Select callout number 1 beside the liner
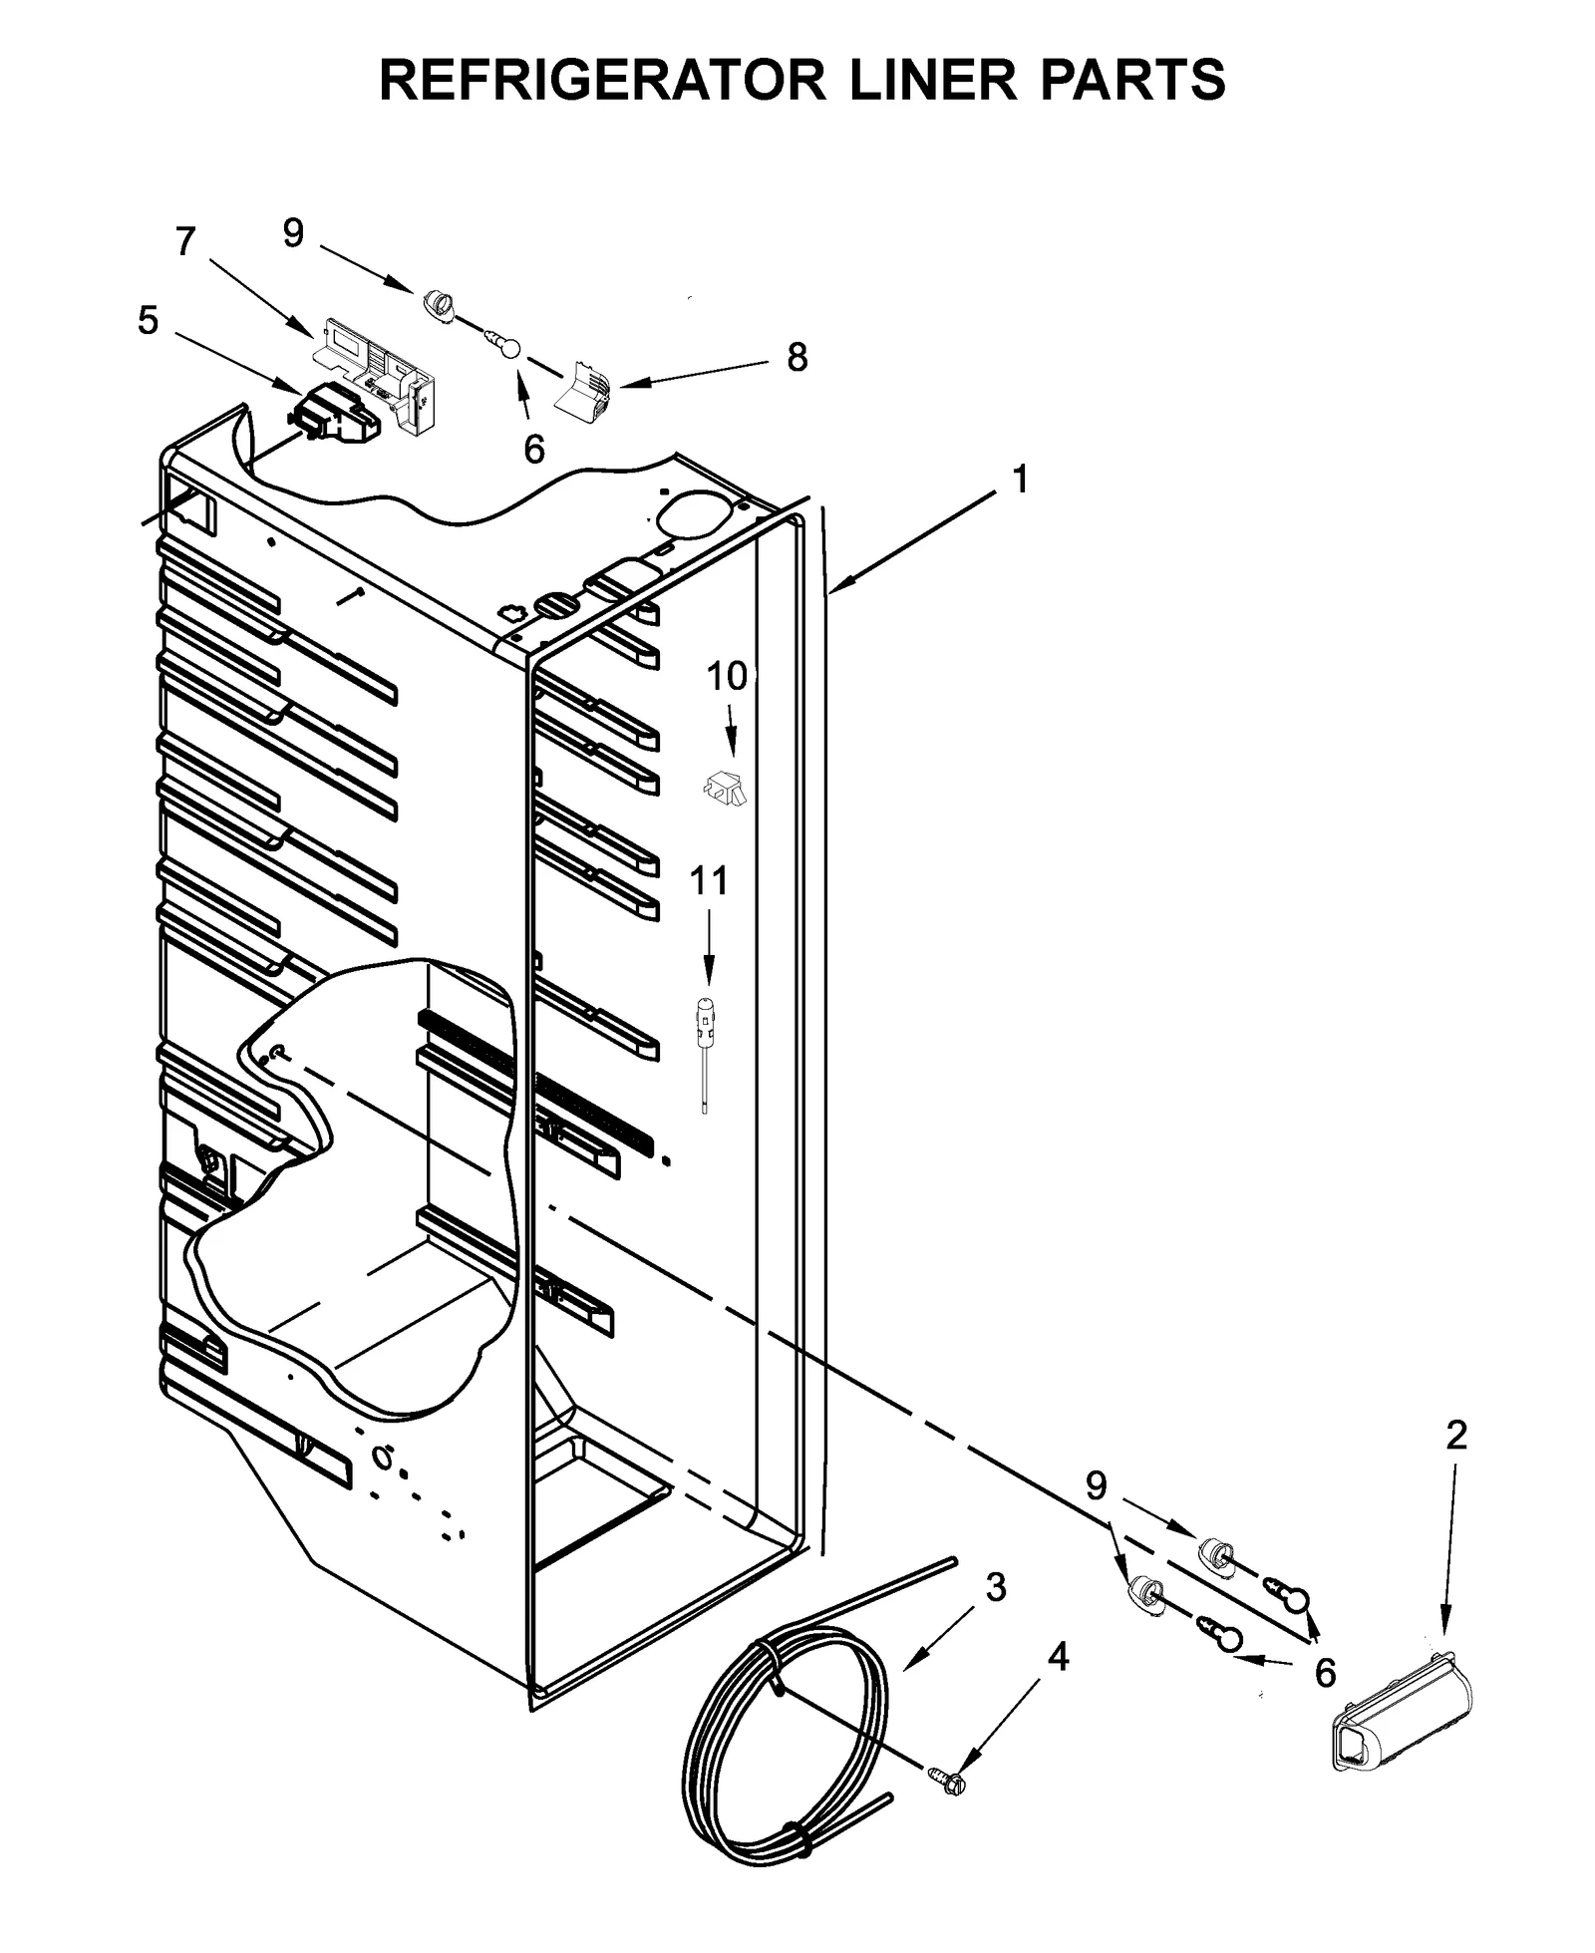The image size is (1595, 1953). point(1019,480)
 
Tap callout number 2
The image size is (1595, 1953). point(1455,1436)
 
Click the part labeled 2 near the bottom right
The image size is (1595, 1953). point(1401,1710)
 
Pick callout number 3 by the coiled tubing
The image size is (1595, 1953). point(996,1586)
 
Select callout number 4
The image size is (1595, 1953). point(1058,1657)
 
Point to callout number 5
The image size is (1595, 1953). point(148,321)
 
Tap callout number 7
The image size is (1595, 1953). point(185,242)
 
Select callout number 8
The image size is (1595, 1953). point(797,357)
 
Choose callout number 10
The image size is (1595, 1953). point(727,676)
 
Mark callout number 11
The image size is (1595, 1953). point(709,880)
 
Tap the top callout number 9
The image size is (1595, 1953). point(292,233)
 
